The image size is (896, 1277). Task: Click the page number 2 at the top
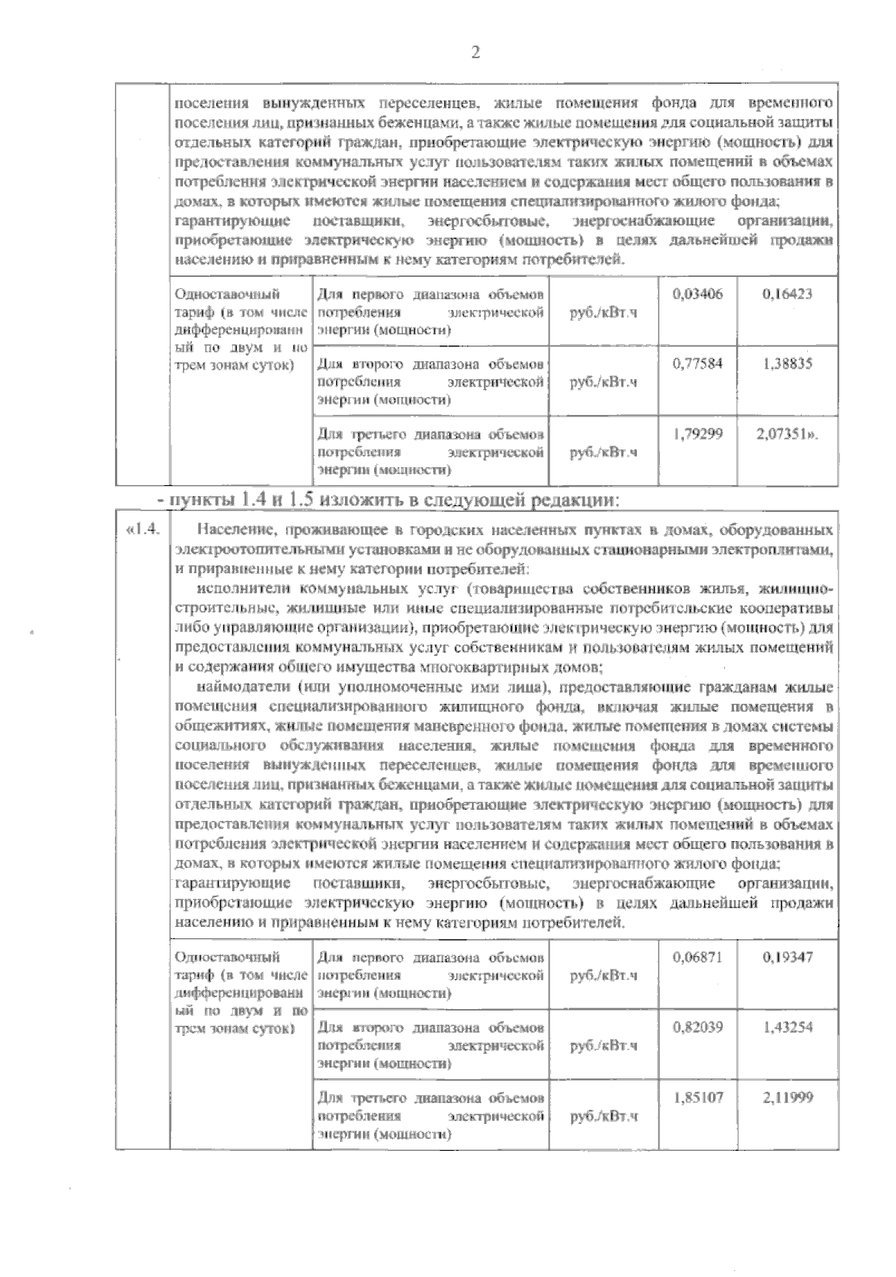click(x=475, y=52)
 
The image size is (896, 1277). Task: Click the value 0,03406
click(x=697, y=295)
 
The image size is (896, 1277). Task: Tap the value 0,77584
click(x=697, y=364)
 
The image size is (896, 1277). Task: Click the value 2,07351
click(x=784, y=434)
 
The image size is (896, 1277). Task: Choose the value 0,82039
click(x=697, y=1027)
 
